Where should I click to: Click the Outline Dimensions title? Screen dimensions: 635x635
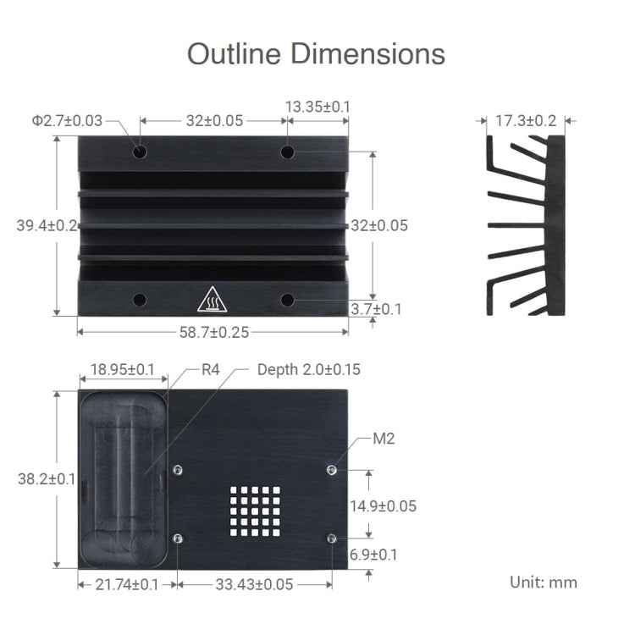[x=316, y=53]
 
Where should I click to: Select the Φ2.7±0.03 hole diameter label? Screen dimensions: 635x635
[x=67, y=121]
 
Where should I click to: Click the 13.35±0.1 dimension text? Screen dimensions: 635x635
[x=317, y=107]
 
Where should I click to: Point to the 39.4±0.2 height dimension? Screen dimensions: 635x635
[x=47, y=225]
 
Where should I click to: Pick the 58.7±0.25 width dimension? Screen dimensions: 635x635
[x=213, y=332]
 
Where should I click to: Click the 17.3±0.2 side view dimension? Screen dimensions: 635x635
[x=525, y=121]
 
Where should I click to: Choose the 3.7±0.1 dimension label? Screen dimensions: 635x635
[x=376, y=309]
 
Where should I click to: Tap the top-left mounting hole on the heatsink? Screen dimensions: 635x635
[x=140, y=152]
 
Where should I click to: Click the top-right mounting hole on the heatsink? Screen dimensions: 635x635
[x=288, y=152]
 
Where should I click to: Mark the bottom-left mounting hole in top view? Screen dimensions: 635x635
[x=140, y=300]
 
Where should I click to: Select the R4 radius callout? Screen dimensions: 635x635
[x=211, y=370]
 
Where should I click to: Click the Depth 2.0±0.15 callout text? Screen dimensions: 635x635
[x=308, y=370]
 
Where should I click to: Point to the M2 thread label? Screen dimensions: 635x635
[x=384, y=439]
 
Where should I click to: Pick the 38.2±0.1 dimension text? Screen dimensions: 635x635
[x=47, y=478]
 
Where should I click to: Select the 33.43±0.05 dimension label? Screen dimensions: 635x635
[x=254, y=584]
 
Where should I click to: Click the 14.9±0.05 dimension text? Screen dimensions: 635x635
[x=383, y=506]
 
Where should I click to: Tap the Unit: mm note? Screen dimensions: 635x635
[x=543, y=582]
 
